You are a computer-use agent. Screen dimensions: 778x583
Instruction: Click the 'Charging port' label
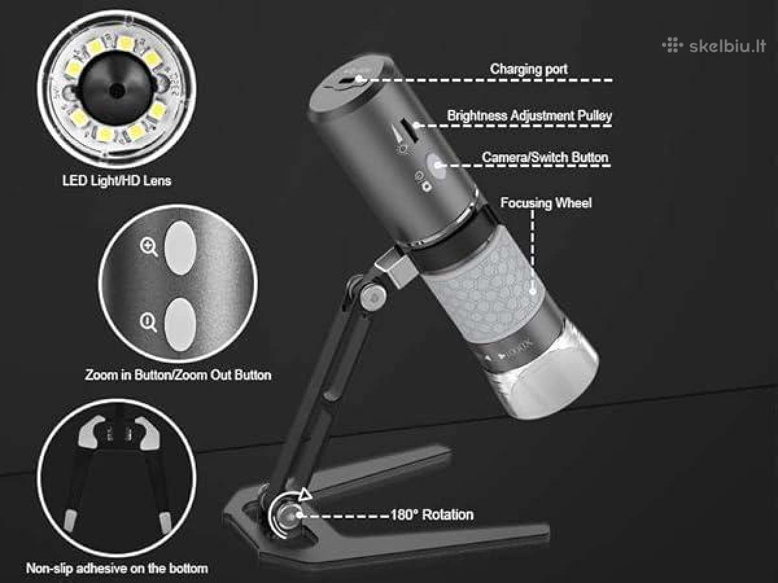pos(528,69)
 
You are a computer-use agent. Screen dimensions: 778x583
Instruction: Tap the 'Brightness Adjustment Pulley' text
pos(530,116)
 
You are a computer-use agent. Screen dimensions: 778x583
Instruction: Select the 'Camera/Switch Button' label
pos(545,157)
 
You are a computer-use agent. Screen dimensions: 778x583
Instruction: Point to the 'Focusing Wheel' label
pos(546,203)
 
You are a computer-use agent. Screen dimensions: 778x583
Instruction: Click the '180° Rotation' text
pos(432,515)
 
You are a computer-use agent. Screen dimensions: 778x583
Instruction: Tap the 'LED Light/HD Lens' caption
pos(117,181)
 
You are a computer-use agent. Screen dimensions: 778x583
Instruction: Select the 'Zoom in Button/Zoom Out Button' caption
pos(178,375)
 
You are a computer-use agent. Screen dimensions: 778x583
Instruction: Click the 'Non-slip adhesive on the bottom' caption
pos(117,569)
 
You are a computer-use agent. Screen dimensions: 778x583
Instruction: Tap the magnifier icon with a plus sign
pos(149,247)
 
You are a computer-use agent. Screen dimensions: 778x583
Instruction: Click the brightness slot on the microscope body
pos(408,131)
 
